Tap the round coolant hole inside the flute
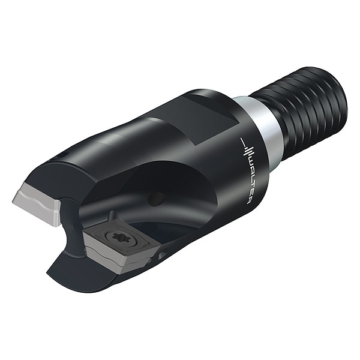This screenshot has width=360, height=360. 157,199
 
